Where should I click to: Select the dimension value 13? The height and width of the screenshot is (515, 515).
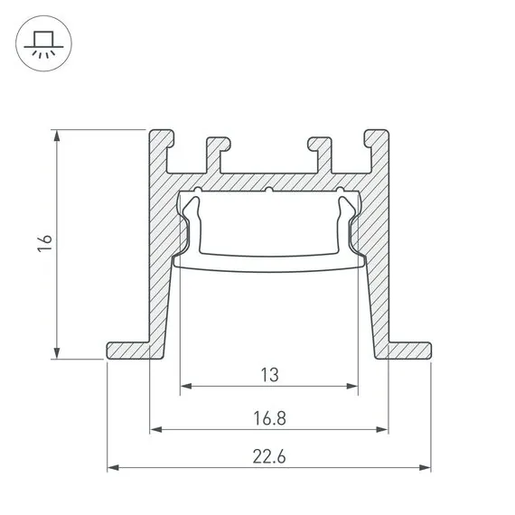(x=268, y=372)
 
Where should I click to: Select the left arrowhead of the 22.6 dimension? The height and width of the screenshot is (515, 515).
(x=113, y=468)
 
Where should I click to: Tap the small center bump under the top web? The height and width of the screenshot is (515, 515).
(x=269, y=191)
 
